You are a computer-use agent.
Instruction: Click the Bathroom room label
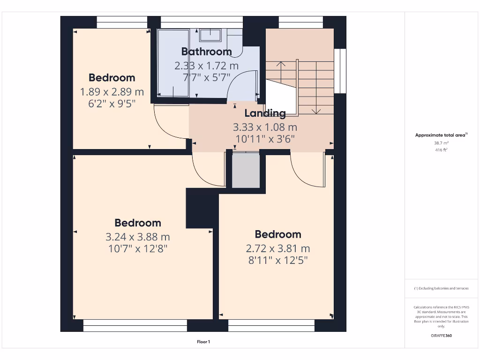point(206,52)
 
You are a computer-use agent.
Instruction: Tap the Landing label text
point(265,113)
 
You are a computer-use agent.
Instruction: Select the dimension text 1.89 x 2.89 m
point(112,91)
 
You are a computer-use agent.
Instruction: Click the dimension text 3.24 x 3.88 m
point(138,237)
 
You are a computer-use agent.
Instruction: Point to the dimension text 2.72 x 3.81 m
point(278,248)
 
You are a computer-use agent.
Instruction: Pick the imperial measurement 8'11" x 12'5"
point(278,260)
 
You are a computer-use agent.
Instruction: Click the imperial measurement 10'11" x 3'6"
point(265,139)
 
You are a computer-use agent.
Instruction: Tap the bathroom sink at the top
point(210,35)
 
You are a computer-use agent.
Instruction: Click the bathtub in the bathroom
point(173,63)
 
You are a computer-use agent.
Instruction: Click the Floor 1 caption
point(203,342)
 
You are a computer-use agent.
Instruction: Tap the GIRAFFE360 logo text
point(442,336)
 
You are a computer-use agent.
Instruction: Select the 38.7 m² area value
point(441,143)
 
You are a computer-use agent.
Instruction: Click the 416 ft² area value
point(441,150)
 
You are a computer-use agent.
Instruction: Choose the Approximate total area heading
point(441,135)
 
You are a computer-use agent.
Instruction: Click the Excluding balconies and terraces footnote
point(441,288)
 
